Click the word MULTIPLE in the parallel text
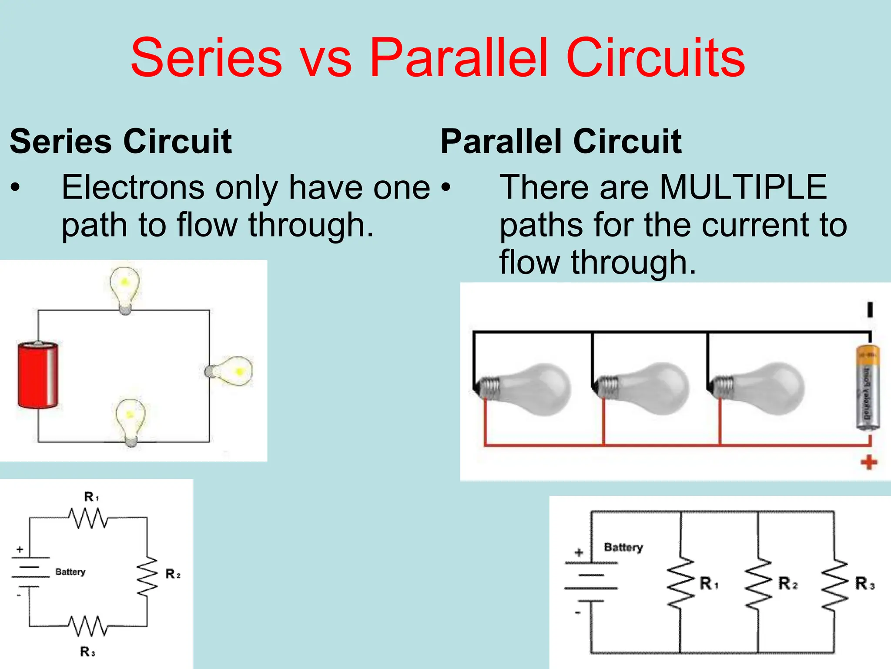click(743, 187)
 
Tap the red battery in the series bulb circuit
click(38, 375)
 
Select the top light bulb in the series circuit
click(125, 288)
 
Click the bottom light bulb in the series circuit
click(130, 420)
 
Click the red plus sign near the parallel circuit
click(869, 462)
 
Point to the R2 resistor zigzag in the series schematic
click(147, 576)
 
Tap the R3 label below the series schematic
click(87, 652)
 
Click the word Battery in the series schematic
click(70, 572)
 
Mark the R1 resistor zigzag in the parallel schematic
click(680, 582)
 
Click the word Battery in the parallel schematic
click(623, 547)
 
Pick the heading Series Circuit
click(121, 142)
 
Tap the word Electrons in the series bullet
click(133, 187)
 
